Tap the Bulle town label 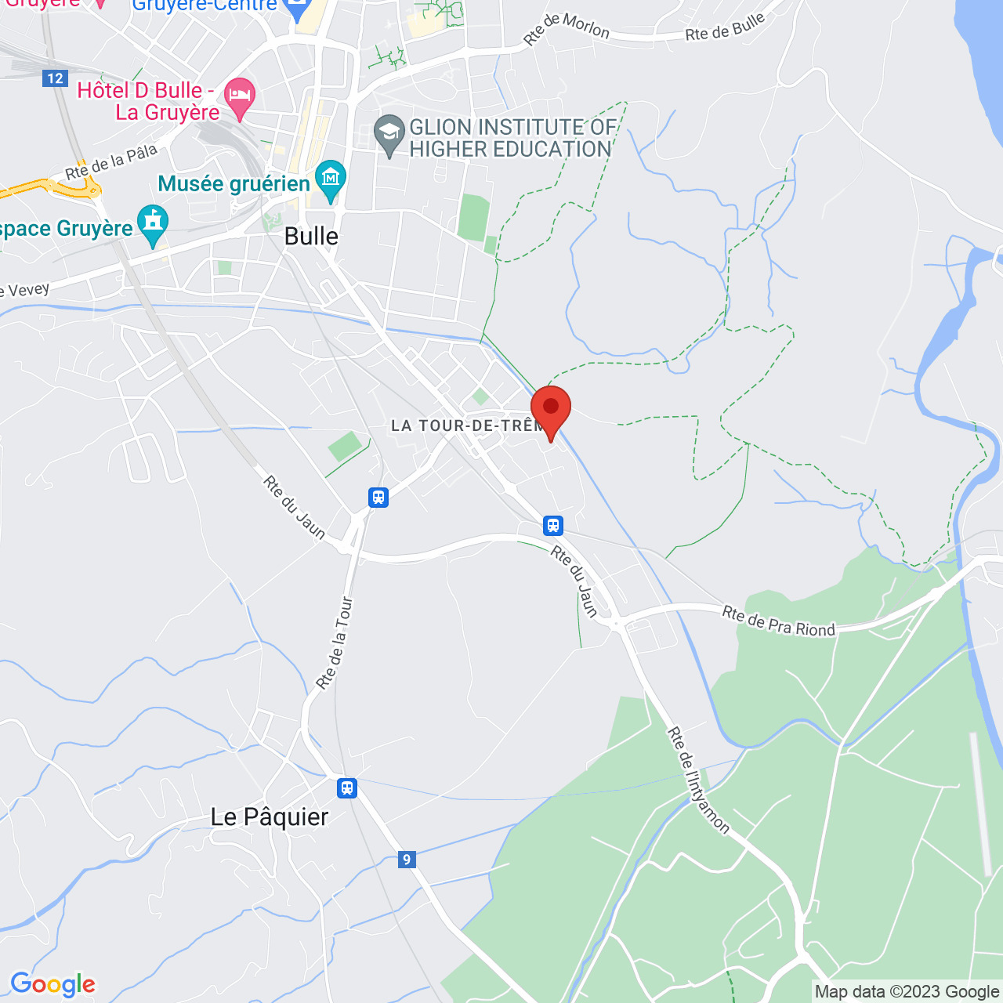(x=311, y=236)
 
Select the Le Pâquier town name (x=270, y=817)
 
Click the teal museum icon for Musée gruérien (x=330, y=179)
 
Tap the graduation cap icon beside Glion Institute (x=389, y=134)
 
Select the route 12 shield (x=55, y=78)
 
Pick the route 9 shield (x=406, y=860)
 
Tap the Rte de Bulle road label (x=725, y=28)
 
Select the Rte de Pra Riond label (x=778, y=621)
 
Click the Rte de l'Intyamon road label (x=697, y=780)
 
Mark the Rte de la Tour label (x=335, y=643)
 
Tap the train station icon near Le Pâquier (x=347, y=788)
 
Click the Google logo (x=53, y=984)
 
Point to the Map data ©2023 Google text (x=907, y=992)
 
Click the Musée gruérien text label (x=234, y=183)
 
